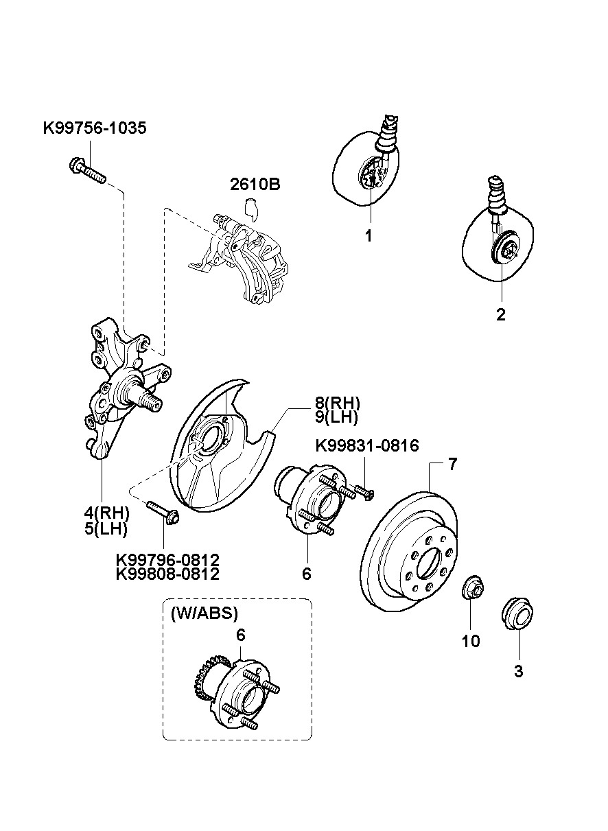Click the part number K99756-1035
point(95,128)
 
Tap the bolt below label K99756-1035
point(88,170)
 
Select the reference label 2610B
point(255,185)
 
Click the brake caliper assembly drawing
point(239,259)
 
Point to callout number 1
point(369,235)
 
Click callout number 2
point(500,314)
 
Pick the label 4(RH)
point(106,513)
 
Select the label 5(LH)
point(106,528)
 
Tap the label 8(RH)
point(337,403)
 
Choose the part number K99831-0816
point(367,445)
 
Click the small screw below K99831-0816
point(365,492)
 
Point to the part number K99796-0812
point(167,559)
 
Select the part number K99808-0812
point(167,574)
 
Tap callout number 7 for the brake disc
point(452,465)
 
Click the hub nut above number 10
point(473,588)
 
